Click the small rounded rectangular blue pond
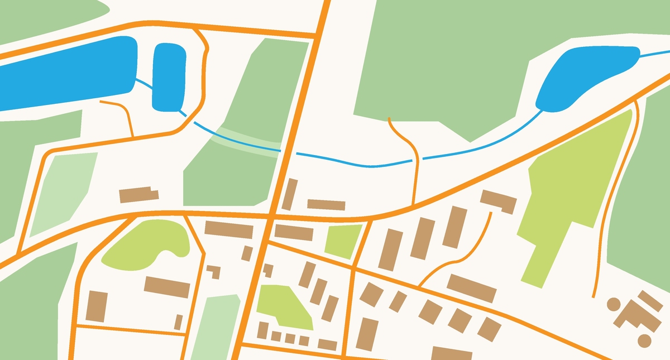[169, 75]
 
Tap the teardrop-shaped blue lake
[581, 75]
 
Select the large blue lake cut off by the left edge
[67, 75]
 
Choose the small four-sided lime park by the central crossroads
[342, 241]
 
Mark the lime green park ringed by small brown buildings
[284, 306]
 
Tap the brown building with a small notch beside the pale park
[138, 195]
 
